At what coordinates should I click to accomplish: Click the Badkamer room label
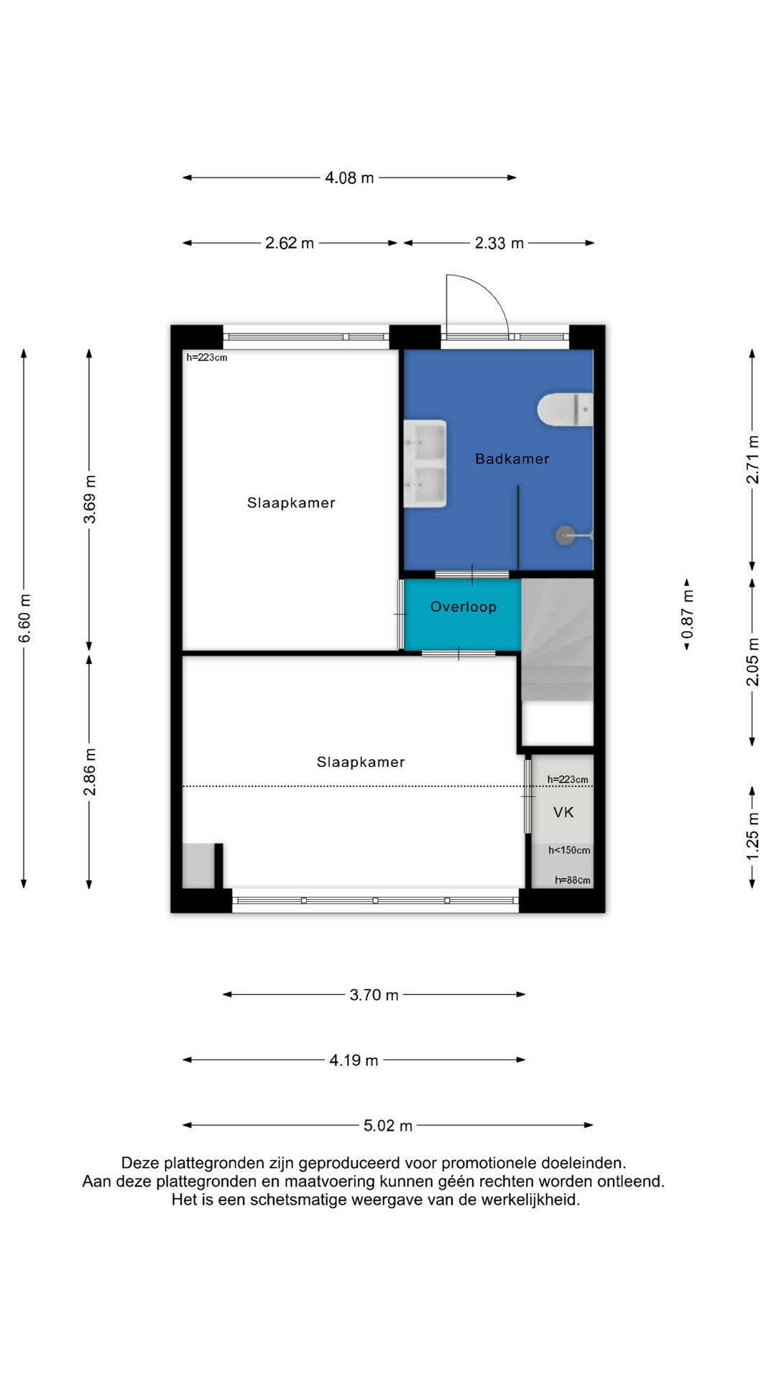(x=512, y=459)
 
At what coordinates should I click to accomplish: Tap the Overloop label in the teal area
(x=463, y=607)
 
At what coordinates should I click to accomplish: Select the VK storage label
(x=563, y=812)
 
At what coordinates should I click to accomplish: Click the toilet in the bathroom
(x=565, y=410)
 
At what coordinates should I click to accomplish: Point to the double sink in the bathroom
(x=425, y=464)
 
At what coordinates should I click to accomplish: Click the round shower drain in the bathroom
(x=565, y=535)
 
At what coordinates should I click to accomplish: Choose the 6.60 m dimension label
(x=24, y=618)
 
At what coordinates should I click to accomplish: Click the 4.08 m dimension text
(x=349, y=178)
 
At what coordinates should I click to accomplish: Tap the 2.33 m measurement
(x=499, y=243)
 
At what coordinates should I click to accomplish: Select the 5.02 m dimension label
(x=388, y=1126)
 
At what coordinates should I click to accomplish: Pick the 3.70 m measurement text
(x=374, y=995)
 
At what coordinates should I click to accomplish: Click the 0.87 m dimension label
(x=688, y=614)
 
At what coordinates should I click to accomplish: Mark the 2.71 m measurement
(x=752, y=460)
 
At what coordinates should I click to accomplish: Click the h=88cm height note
(x=573, y=880)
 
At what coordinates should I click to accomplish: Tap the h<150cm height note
(x=570, y=850)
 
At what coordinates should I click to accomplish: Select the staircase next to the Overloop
(x=558, y=640)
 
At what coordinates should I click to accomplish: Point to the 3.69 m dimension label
(x=90, y=500)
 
